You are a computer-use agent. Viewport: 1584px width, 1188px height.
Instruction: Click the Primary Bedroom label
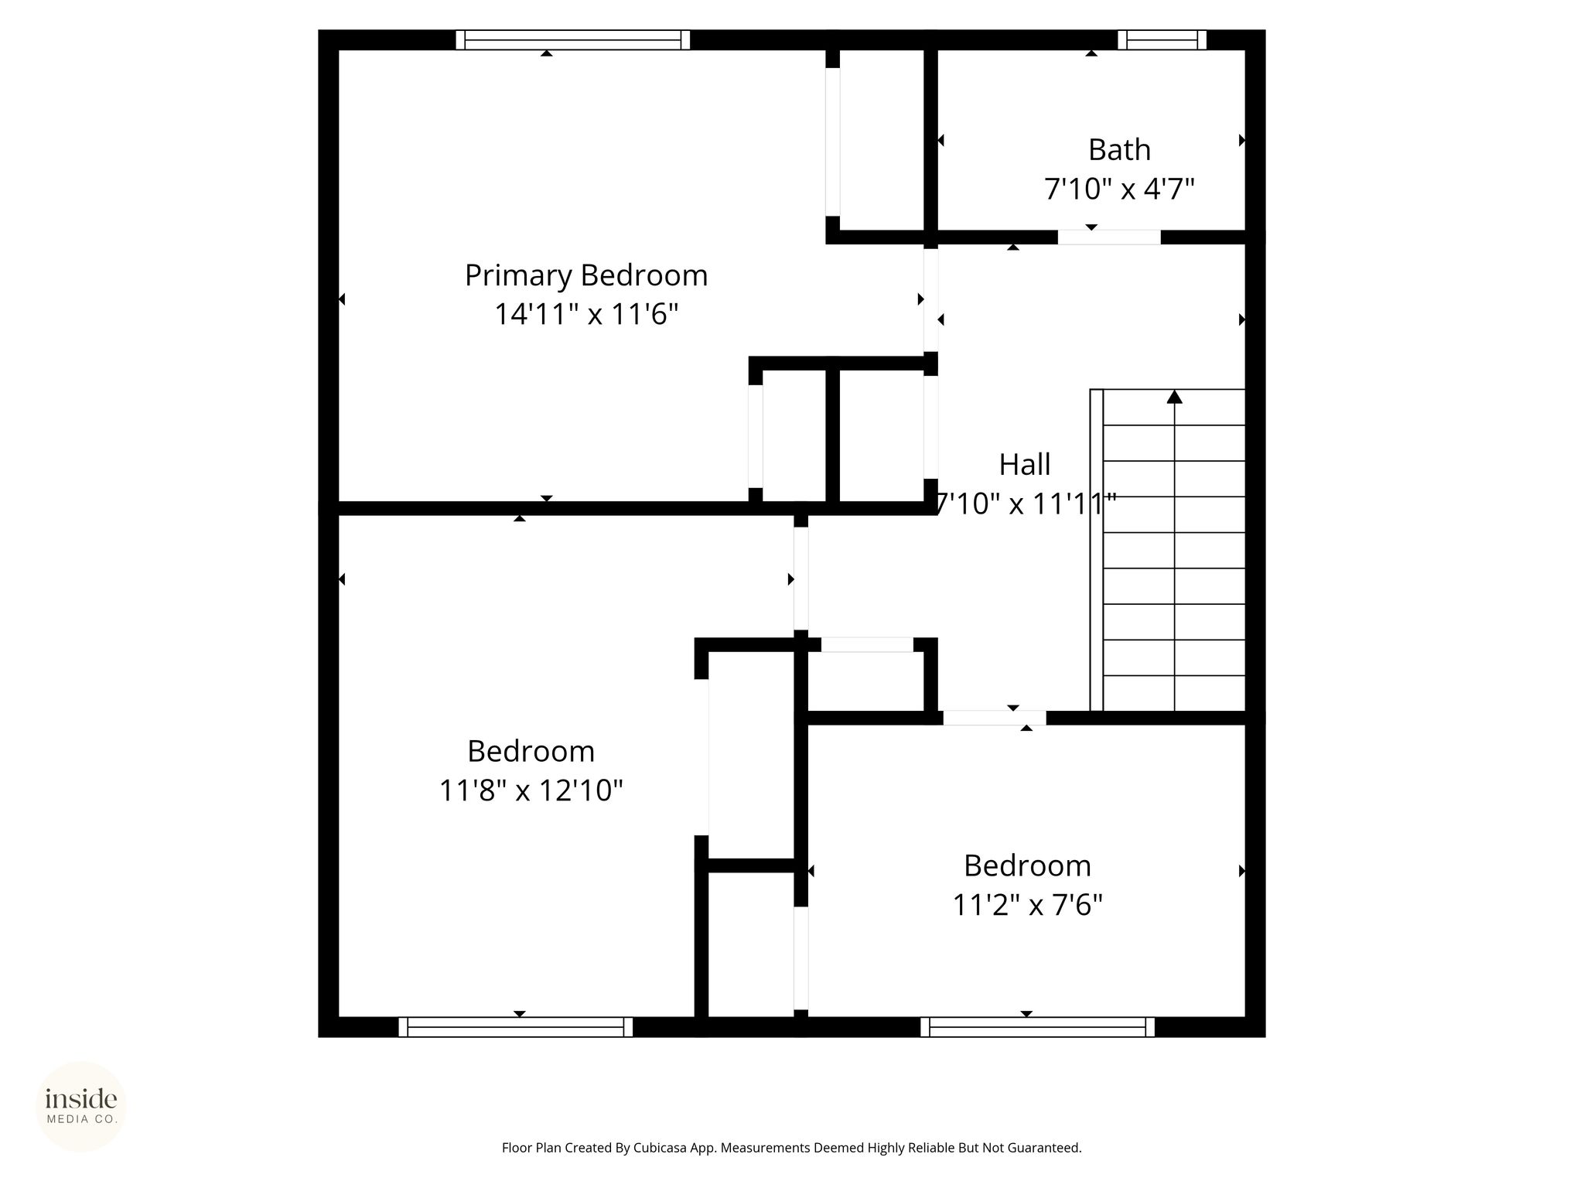point(586,276)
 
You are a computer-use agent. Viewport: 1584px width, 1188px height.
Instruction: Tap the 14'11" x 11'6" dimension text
point(586,315)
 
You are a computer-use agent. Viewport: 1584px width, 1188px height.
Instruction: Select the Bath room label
point(1119,150)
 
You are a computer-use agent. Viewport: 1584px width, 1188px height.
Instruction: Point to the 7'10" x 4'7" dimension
point(1119,189)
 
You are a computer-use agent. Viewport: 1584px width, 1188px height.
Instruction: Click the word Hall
point(1025,465)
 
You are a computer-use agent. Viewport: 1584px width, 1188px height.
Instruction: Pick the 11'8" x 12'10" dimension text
point(531,790)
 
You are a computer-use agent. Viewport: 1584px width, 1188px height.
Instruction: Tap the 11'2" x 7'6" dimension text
point(1027,904)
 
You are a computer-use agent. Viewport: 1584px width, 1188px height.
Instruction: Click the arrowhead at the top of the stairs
point(1175,397)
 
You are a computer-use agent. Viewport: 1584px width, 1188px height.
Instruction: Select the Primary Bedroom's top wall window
point(572,40)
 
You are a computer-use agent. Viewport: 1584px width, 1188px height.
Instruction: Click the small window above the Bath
point(1162,40)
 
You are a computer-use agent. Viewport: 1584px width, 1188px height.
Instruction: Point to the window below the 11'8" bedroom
point(515,1027)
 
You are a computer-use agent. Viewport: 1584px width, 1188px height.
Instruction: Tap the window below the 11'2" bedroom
point(1037,1027)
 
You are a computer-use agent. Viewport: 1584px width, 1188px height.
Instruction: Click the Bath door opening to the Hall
point(1109,237)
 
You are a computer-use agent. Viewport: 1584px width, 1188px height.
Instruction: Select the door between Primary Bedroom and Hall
point(931,300)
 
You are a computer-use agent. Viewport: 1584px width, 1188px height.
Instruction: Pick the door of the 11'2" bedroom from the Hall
point(995,718)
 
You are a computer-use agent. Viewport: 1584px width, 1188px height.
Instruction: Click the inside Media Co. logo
point(81,1107)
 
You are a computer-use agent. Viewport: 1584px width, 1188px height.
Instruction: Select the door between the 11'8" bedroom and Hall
point(801,579)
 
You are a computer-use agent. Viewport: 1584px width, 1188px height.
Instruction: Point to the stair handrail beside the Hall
point(1096,550)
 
